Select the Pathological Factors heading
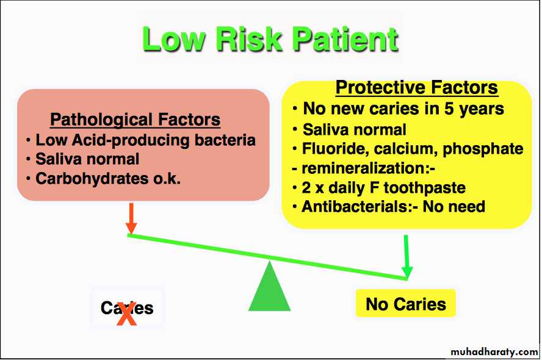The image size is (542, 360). click(x=135, y=120)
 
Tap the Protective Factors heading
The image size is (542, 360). click(x=416, y=87)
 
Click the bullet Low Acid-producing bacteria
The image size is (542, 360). click(x=141, y=140)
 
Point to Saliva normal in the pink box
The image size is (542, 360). click(x=83, y=159)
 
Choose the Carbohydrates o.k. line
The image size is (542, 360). click(x=103, y=179)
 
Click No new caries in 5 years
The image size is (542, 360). click(x=398, y=109)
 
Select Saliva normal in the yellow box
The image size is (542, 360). click(x=350, y=130)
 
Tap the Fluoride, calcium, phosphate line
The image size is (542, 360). click(x=408, y=149)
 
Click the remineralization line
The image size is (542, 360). click(x=363, y=168)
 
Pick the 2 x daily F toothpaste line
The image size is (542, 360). click(x=379, y=188)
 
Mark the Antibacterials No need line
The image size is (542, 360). click(x=389, y=207)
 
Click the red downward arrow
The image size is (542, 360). click(x=131, y=218)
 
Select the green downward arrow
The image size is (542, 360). click(x=407, y=257)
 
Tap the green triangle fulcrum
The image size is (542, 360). click(x=269, y=286)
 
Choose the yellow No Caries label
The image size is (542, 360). click(x=406, y=304)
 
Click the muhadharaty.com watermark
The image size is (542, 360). click(x=494, y=351)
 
